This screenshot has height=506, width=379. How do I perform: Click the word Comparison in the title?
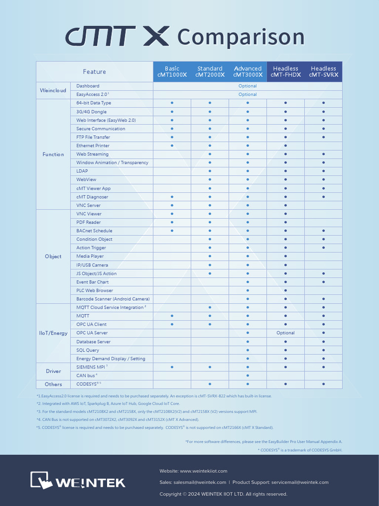pyautogui.click(x=240, y=37)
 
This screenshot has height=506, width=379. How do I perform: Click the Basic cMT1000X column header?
pyautogui.click(x=172, y=72)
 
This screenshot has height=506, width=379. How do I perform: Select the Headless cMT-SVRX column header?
pyautogui.click(x=323, y=72)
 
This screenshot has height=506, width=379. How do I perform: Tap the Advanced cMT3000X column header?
pyautogui.click(x=248, y=72)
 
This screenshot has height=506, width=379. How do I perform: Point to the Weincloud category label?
pyautogui.click(x=53, y=90)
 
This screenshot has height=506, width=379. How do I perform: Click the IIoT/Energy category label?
pyautogui.click(x=53, y=333)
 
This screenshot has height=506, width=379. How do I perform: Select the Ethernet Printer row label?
pyautogui.click(x=93, y=146)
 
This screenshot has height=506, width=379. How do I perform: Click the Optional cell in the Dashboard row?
pyautogui.click(x=247, y=86)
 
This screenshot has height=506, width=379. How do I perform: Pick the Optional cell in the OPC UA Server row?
pyautogui.click(x=285, y=333)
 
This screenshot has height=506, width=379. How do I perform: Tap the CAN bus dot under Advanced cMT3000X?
pyautogui.click(x=248, y=376)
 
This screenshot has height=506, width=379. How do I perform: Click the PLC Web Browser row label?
pyautogui.click(x=94, y=291)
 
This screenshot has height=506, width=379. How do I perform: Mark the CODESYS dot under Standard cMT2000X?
pyautogui.click(x=210, y=384)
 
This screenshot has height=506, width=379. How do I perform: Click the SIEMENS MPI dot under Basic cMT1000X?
pyautogui.click(x=172, y=367)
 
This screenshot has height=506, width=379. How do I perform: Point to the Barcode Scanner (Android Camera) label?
pyautogui.click(x=113, y=299)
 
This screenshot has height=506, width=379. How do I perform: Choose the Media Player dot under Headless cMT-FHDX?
pyautogui.click(x=285, y=256)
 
